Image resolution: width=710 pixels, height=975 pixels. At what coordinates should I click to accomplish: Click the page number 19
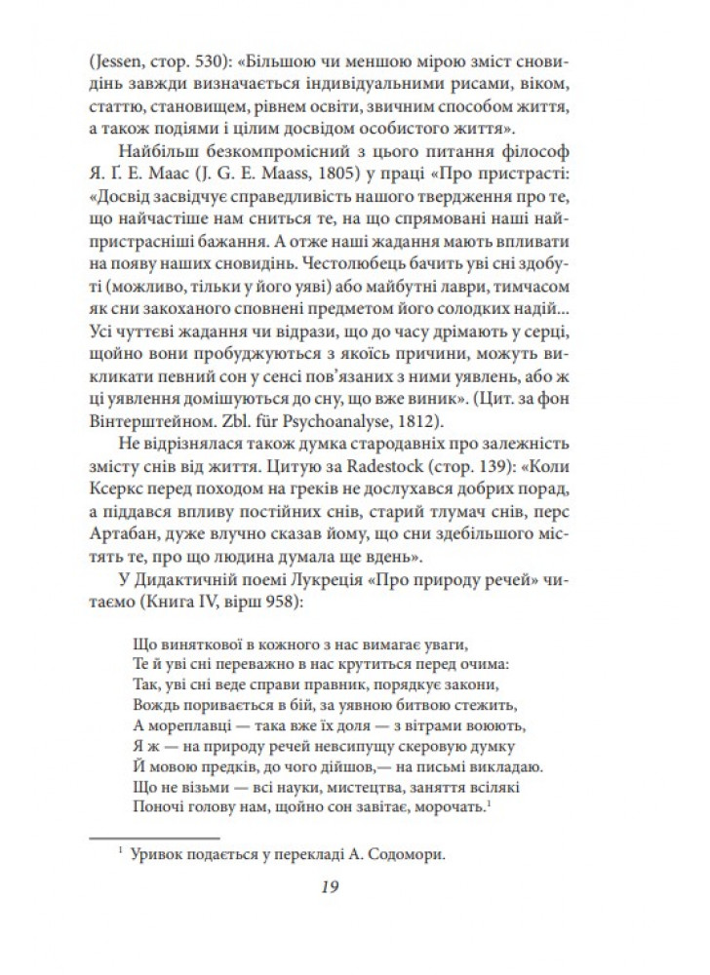(355, 886)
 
